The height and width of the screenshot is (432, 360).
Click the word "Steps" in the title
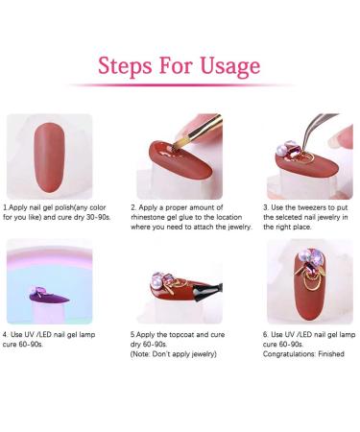point(125,66)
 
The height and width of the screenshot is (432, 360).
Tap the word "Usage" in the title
point(230,66)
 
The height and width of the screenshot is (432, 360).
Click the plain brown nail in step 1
point(50,157)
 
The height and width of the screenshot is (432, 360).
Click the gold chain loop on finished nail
point(309,281)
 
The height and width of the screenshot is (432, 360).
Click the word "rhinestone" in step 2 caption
point(148,217)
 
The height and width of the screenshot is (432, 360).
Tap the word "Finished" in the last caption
point(331,354)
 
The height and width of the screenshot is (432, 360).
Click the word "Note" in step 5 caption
point(139,354)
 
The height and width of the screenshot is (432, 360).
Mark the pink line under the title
point(181,85)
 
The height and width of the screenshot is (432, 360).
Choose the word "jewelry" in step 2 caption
point(240,228)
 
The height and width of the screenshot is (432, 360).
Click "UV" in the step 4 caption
point(28,335)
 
